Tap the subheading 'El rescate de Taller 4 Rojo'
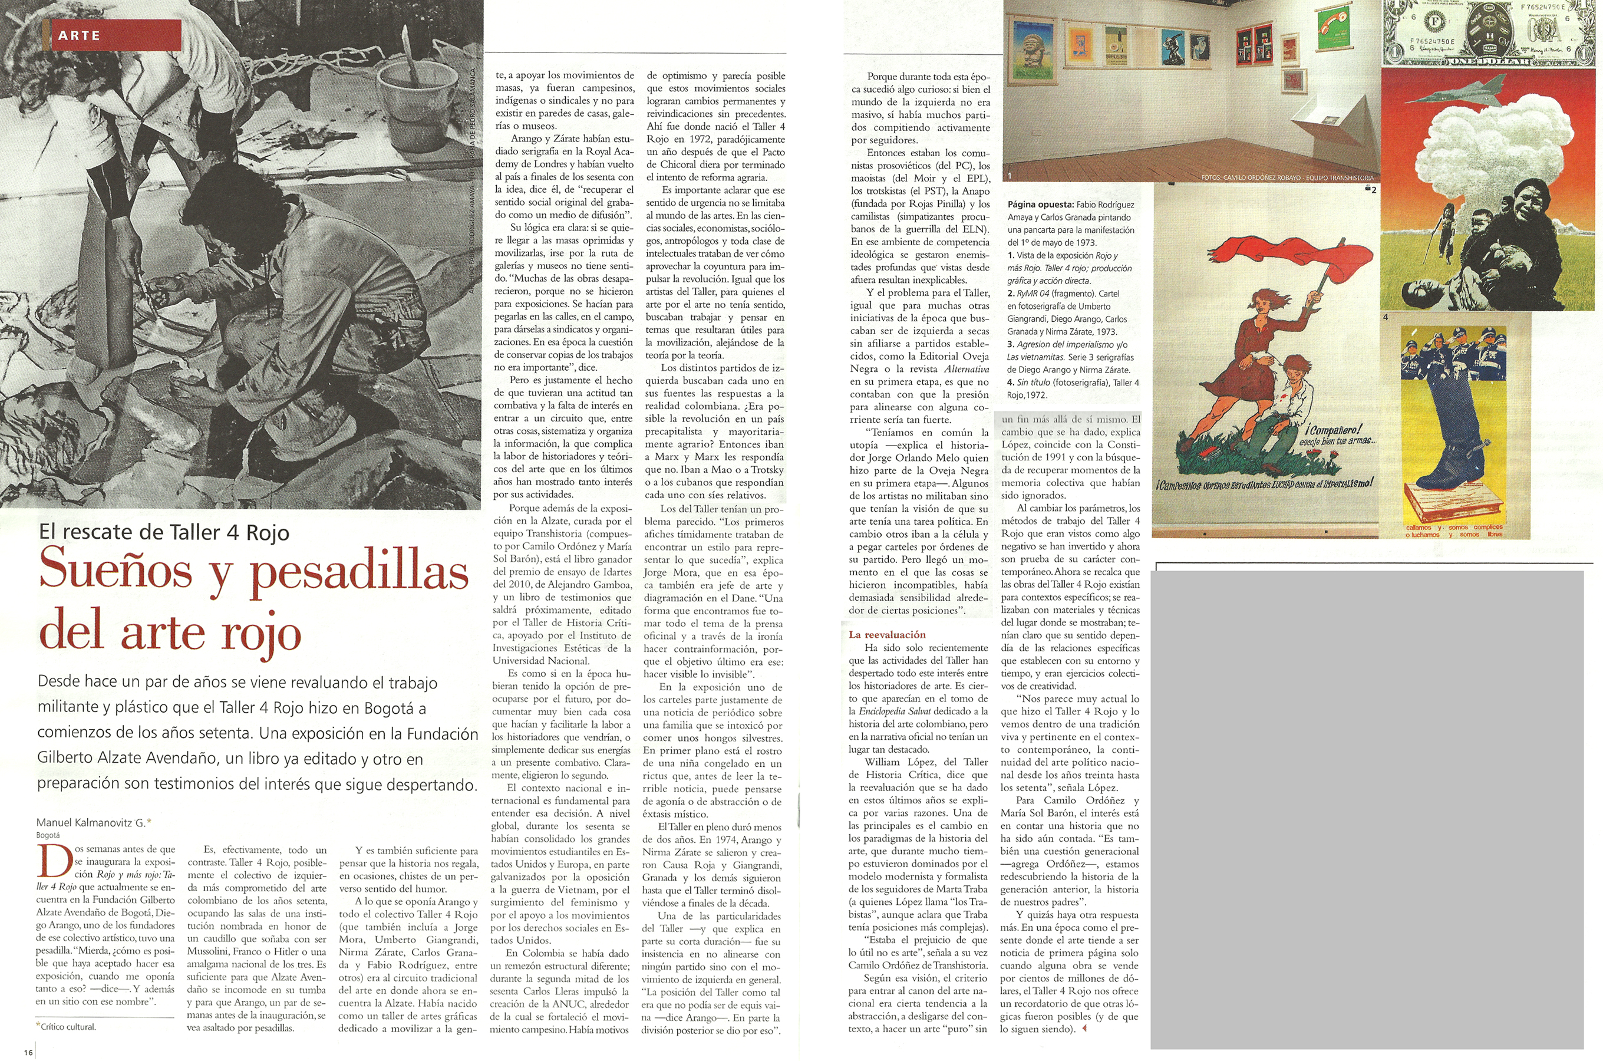pyautogui.click(x=164, y=532)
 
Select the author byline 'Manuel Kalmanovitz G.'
pyautogui.click(x=91, y=823)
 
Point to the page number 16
pyautogui.click(x=28, y=1052)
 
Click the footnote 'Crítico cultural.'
pyautogui.click(x=68, y=1026)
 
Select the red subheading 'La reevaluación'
pyautogui.click(x=887, y=635)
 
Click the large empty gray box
pyautogui.click(x=1366, y=809)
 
